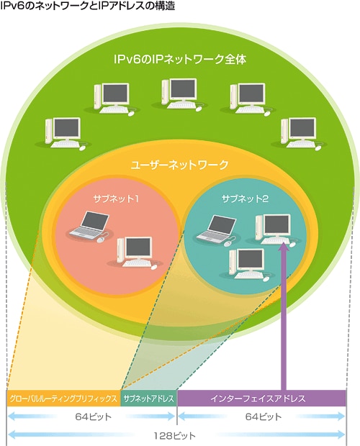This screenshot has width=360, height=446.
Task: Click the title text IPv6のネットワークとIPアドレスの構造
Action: click(x=87, y=6)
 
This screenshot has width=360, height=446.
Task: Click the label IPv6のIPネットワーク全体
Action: click(x=180, y=60)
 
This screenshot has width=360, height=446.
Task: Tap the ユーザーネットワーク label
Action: click(x=179, y=165)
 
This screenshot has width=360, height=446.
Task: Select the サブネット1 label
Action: click(x=116, y=199)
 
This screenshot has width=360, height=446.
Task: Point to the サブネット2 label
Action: click(x=245, y=199)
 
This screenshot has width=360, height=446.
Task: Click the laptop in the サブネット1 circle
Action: click(x=89, y=225)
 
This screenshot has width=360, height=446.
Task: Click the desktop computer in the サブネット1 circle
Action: click(x=135, y=252)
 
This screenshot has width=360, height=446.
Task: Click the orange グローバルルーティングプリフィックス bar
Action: click(x=63, y=399)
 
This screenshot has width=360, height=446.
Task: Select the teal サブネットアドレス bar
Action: click(x=149, y=399)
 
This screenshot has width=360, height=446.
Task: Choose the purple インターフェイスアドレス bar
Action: click(x=261, y=399)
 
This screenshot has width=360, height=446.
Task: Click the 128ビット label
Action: click(x=175, y=435)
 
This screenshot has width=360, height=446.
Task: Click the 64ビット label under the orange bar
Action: click(x=94, y=417)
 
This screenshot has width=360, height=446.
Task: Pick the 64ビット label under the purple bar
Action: click(x=264, y=417)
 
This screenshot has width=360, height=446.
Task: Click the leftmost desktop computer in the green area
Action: click(x=63, y=133)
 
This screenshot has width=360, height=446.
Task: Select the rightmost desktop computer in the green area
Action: click(x=299, y=133)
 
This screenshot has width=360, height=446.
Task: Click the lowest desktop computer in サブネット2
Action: click(x=247, y=264)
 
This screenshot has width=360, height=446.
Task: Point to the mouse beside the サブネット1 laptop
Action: click(x=101, y=240)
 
